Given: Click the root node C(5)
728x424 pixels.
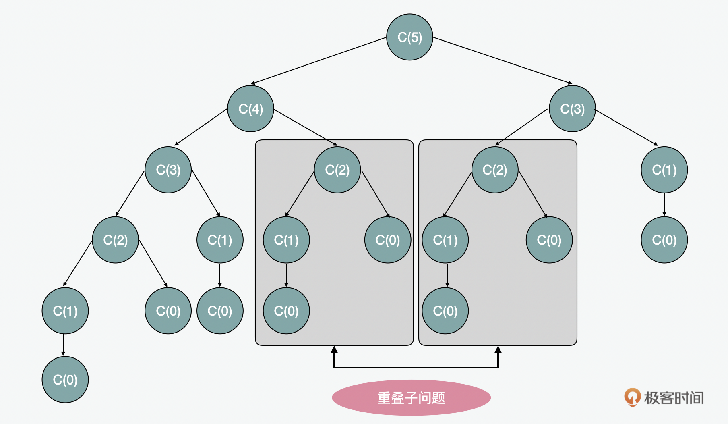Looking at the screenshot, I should [x=409, y=37].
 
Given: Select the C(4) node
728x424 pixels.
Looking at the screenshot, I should [x=250, y=108].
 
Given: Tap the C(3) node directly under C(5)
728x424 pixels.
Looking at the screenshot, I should [x=572, y=108].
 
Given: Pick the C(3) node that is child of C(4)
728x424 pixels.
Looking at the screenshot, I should [x=168, y=170].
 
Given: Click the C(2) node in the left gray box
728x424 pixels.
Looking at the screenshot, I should [x=337, y=170].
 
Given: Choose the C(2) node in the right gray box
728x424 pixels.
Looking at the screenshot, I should [x=494, y=170].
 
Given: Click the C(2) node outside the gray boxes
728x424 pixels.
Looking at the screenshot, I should [x=115, y=240].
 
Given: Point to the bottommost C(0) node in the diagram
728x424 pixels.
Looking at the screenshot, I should [x=65, y=379].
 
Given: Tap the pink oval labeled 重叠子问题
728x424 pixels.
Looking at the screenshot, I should [x=411, y=397].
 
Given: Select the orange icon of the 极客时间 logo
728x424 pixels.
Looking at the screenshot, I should [x=632, y=397].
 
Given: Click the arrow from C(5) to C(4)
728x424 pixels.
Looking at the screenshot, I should [x=318, y=61].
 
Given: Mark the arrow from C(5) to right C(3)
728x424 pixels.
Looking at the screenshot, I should [x=503, y=61].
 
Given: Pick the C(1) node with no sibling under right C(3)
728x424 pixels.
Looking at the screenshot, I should [x=664, y=170].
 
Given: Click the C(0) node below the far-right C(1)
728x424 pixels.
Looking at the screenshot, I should [x=664, y=240].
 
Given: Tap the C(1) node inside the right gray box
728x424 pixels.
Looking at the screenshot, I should [x=445, y=240].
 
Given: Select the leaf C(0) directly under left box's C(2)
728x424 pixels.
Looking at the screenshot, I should [x=387, y=240].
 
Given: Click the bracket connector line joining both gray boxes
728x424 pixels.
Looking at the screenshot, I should [x=416, y=367].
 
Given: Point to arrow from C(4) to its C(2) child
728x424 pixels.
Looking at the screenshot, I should [x=305, y=127].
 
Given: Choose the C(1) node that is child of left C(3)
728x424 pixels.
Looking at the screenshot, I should [x=219, y=240].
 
